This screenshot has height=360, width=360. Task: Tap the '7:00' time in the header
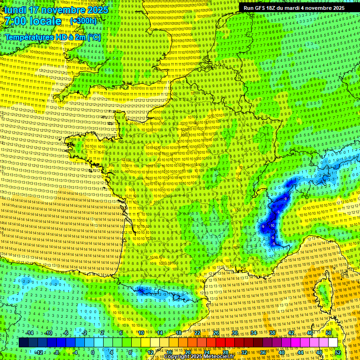pos(15,21)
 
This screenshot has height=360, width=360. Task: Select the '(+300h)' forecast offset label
pos(83,21)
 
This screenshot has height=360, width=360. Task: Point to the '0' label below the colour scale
pos(92,352)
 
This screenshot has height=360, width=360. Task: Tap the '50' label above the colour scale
pos(328,333)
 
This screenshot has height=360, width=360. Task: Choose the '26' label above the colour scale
pos(216,333)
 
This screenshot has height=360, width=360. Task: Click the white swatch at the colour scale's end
pos(333,343)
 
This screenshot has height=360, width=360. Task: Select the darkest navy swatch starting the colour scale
pos(23,343)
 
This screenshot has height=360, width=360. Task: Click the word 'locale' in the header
pos(45,21)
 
